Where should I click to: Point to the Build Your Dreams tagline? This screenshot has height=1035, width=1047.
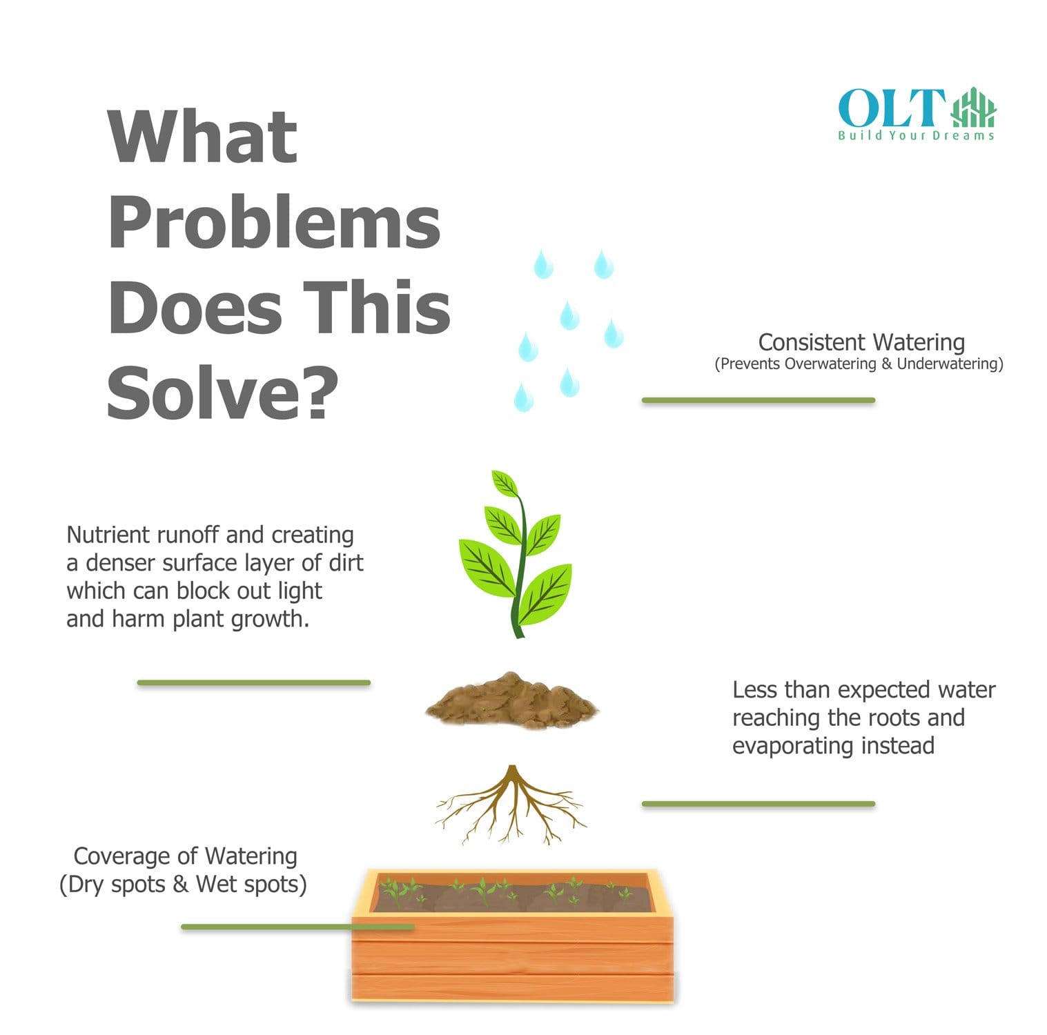[916, 135]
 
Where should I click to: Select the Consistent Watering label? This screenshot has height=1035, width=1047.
[861, 342]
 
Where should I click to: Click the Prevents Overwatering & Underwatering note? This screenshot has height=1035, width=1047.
[859, 364]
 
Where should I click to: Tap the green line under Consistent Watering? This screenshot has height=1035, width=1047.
[759, 400]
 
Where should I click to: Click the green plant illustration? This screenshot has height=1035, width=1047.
[515, 554]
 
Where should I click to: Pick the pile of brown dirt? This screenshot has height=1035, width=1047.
[511, 700]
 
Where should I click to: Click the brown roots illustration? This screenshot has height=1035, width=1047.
[511, 805]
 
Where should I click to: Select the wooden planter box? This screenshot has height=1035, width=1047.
[512, 936]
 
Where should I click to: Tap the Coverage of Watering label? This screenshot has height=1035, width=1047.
[185, 856]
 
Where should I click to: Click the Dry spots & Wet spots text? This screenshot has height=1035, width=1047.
[183, 885]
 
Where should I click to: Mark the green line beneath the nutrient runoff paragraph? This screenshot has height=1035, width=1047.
[254, 683]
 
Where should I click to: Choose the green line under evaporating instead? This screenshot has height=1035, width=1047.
[759, 804]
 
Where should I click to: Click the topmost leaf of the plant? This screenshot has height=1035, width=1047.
[505, 483]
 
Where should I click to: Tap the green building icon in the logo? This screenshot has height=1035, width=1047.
[974, 108]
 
